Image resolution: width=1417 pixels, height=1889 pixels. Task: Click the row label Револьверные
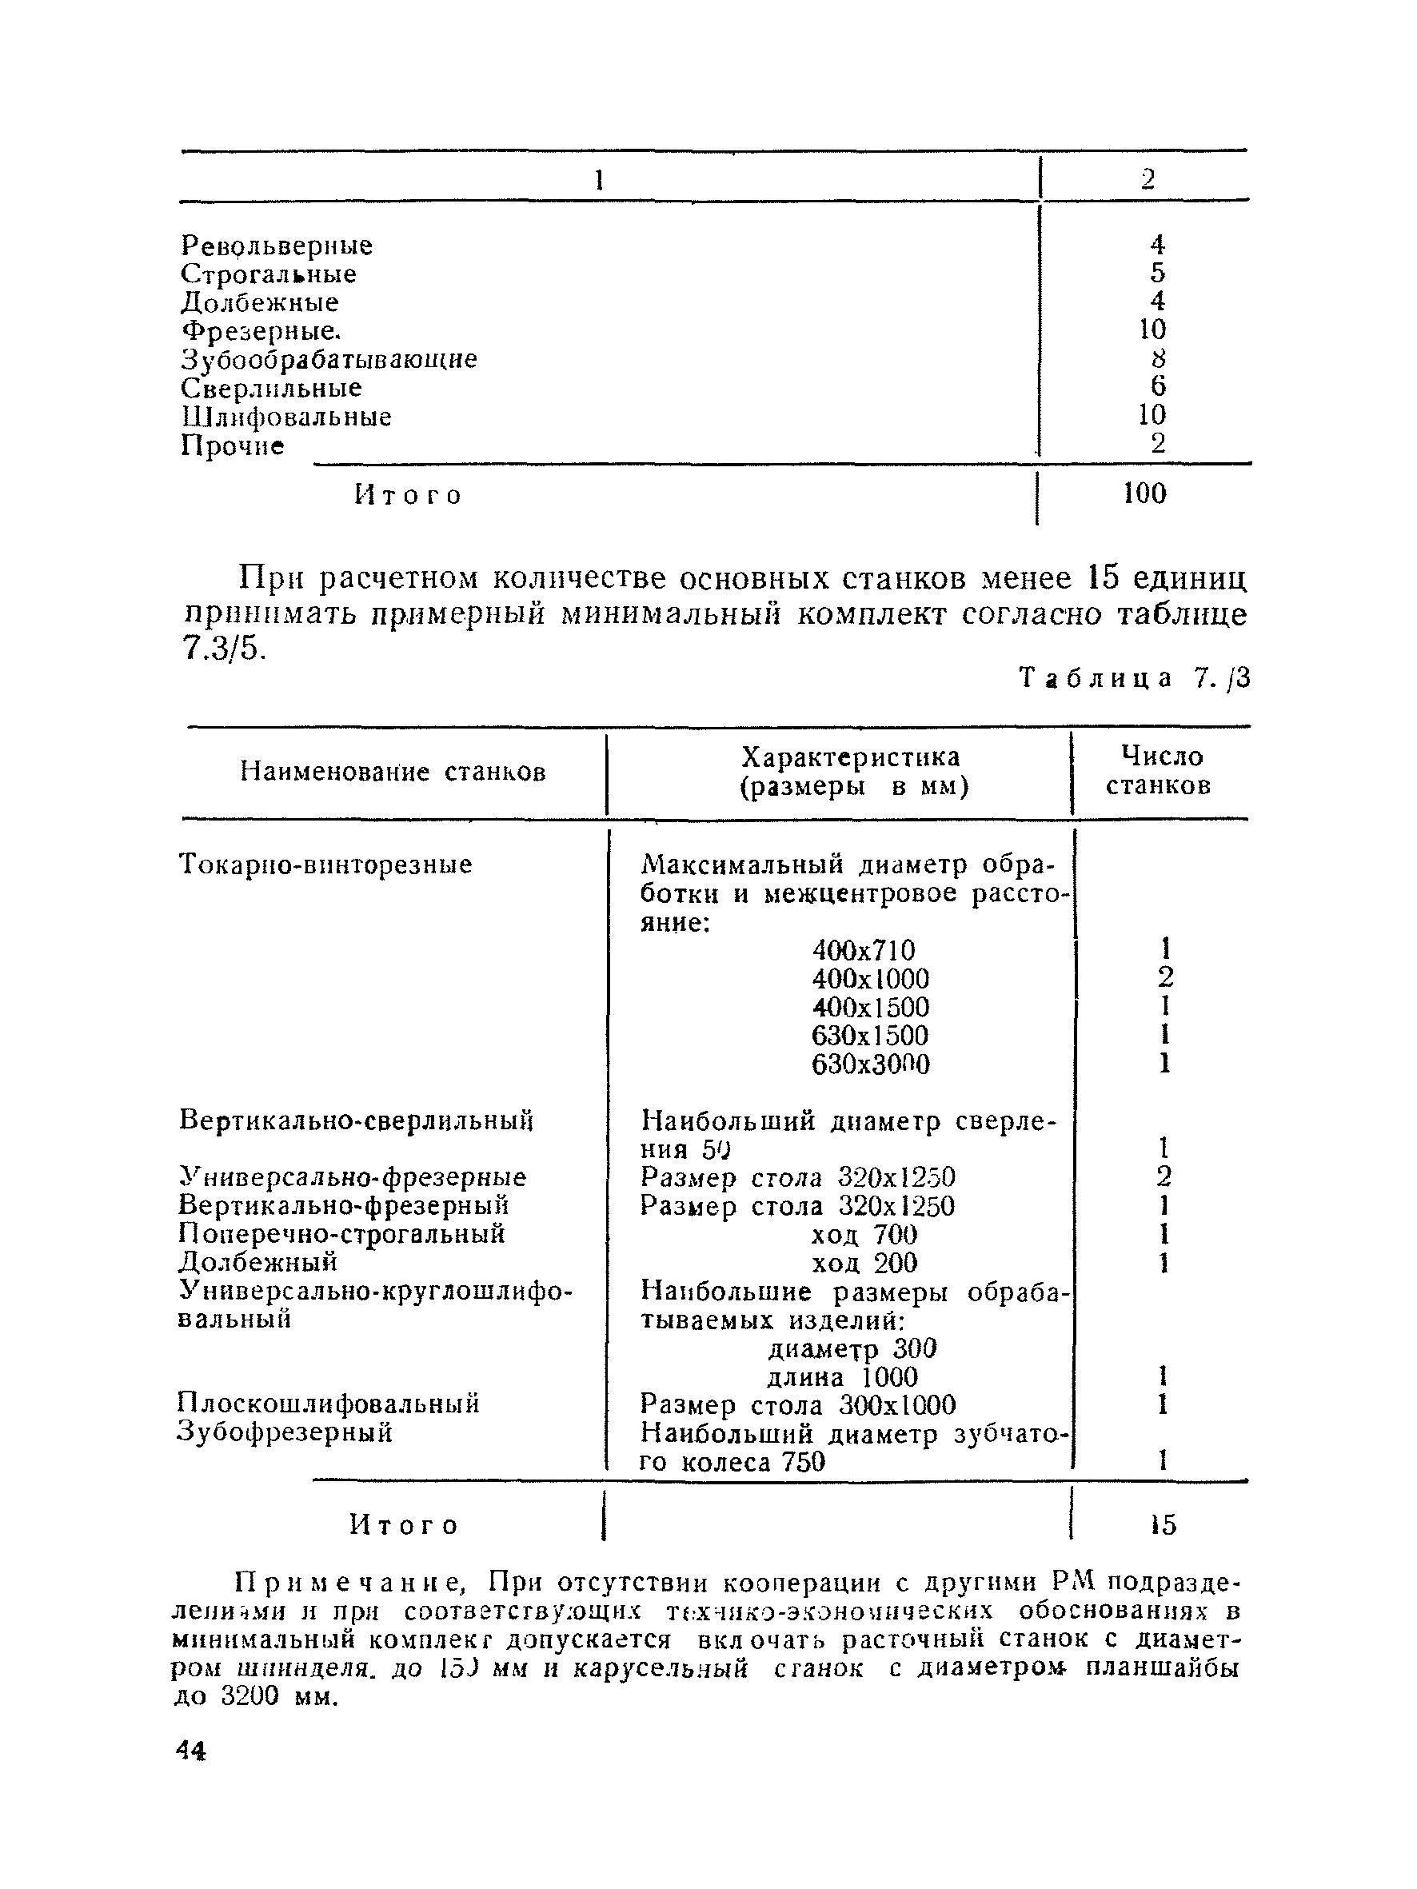(277, 246)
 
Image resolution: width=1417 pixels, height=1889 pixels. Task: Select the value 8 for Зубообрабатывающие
(1157, 358)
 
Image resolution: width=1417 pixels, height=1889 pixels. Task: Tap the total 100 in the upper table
(1144, 493)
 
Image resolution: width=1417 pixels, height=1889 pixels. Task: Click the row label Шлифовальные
(286, 417)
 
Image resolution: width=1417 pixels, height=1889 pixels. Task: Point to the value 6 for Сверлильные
(1157, 387)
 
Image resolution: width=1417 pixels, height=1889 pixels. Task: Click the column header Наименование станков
(393, 772)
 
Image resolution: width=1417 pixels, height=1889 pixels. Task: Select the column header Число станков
(1159, 771)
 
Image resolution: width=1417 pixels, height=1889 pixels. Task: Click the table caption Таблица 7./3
(1134, 678)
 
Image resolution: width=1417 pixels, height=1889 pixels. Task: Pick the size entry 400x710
(863, 950)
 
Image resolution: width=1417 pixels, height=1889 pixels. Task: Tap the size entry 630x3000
(870, 1064)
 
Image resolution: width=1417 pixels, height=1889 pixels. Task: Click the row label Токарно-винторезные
(325, 865)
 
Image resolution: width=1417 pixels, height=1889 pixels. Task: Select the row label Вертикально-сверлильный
(356, 1120)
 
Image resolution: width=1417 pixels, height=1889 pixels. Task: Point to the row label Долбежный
(258, 1262)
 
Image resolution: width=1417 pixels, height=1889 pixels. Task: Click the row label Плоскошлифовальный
(329, 1404)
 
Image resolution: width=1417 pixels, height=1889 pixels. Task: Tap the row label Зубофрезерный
(285, 1432)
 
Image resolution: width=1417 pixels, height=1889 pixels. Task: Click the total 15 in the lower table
(1163, 1525)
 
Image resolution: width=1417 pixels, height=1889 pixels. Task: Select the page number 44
(190, 1751)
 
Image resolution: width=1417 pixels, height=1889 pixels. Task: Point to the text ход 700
(864, 1235)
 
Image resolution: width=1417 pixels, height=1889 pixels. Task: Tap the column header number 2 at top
(1147, 178)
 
